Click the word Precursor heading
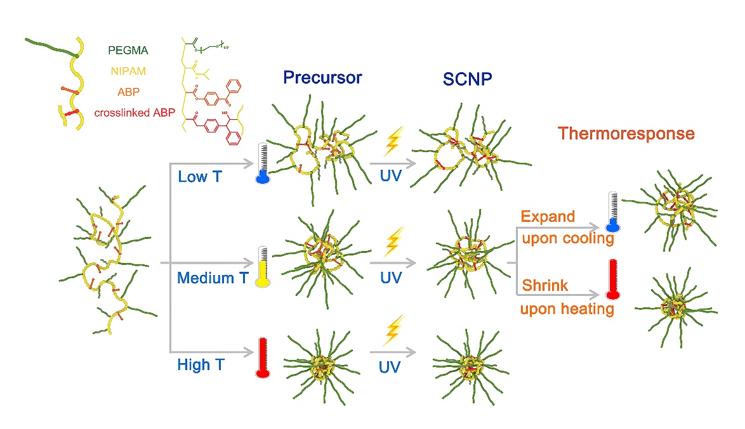coord(322,78)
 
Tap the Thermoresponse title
coord(626,134)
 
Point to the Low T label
coord(200,176)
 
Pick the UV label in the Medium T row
coord(390,278)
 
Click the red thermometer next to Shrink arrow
coord(612,279)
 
